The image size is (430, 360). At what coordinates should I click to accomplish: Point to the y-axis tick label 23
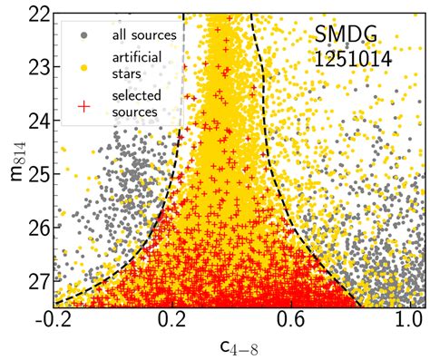click(x=37, y=67)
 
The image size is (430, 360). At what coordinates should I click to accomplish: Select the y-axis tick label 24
click(x=37, y=120)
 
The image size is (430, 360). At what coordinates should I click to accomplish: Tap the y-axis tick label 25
click(x=37, y=172)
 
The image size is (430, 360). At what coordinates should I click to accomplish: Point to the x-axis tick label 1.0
click(x=409, y=320)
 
